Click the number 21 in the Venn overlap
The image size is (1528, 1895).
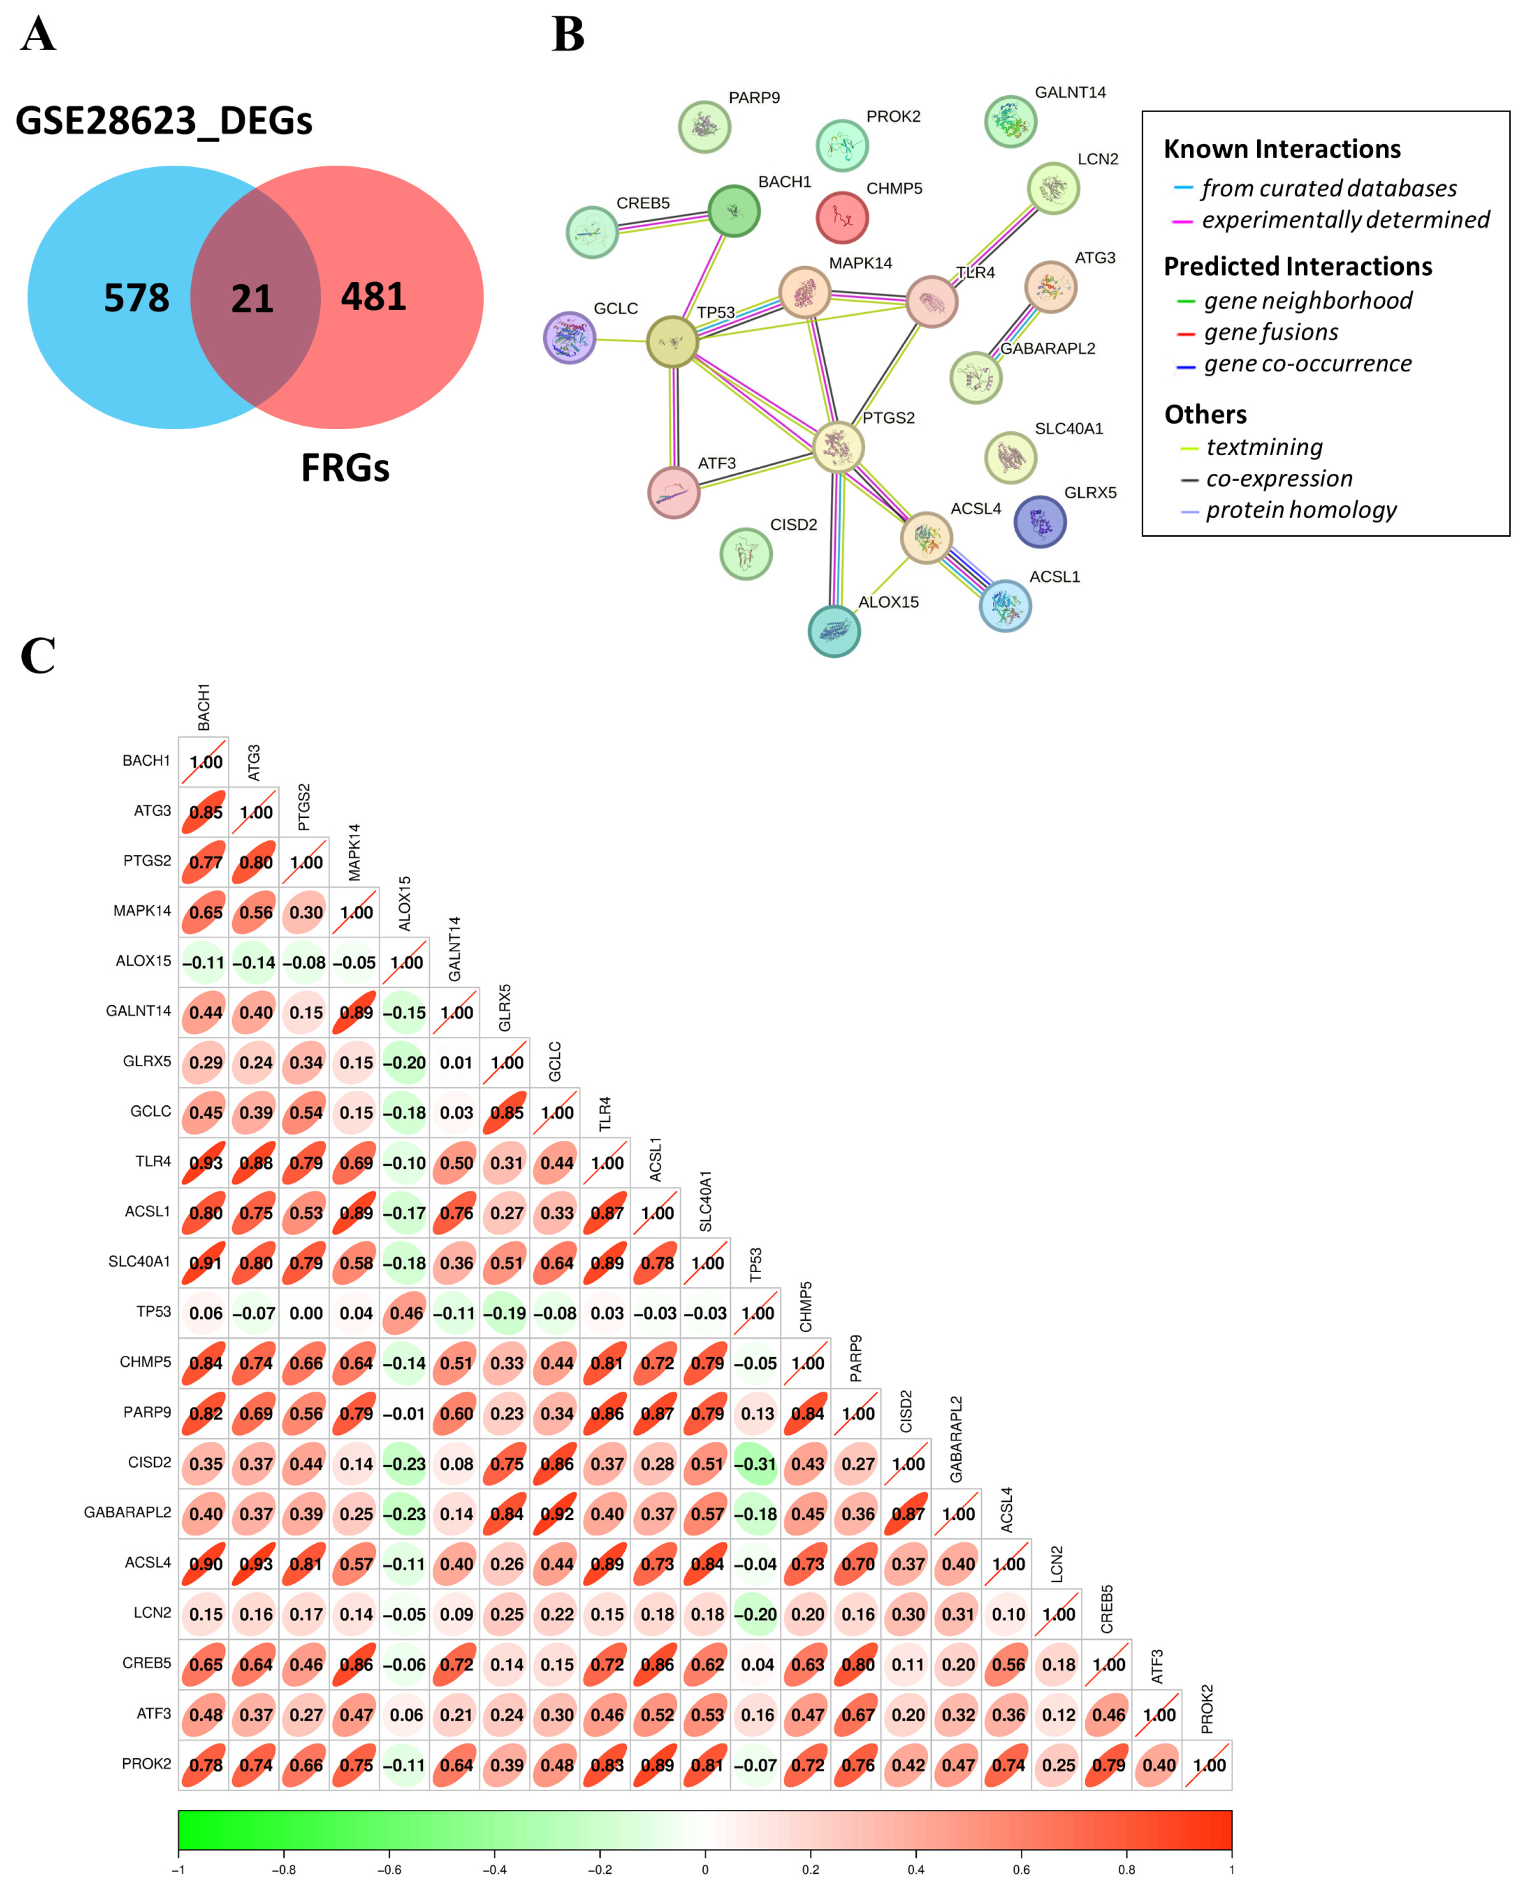click(x=253, y=299)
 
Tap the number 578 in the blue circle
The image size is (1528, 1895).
click(x=136, y=298)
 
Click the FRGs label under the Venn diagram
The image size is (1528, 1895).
click(x=345, y=468)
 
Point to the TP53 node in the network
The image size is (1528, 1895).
click(x=672, y=342)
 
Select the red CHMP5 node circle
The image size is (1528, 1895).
click(x=842, y=217)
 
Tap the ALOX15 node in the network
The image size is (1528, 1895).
click(x=834, y=631)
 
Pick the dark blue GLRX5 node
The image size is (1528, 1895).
click(x=1040, y=522)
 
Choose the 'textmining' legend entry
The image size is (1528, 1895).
click(x=1264, y=448)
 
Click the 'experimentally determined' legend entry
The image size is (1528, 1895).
click(x=1345, y=220)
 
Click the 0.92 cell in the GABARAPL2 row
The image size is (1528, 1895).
click(x=556, y=1514)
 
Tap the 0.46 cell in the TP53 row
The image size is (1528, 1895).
click(x=406, y=1314)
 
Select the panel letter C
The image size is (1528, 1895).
click(x=38, y=656)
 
